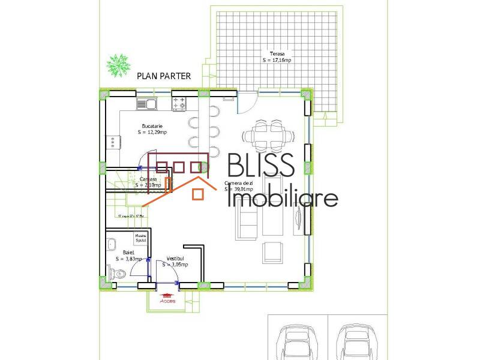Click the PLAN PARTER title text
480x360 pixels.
pyautogui.click(x=164, y=76)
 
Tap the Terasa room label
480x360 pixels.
pyautogui.click(x=277, y=57)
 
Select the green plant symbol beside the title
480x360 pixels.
pyautogui.click(x=118, y=65)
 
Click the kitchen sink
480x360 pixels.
pyautogui.click(x=146, y=104)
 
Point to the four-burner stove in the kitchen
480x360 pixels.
pyautogui.click(x=179, y=104)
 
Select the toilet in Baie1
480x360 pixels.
pyautogui.click(x=119, y=274)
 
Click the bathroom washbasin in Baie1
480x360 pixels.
pyautogui.click(x=112, y=244)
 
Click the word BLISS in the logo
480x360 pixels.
pyautogui.click(x=260, y=166)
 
